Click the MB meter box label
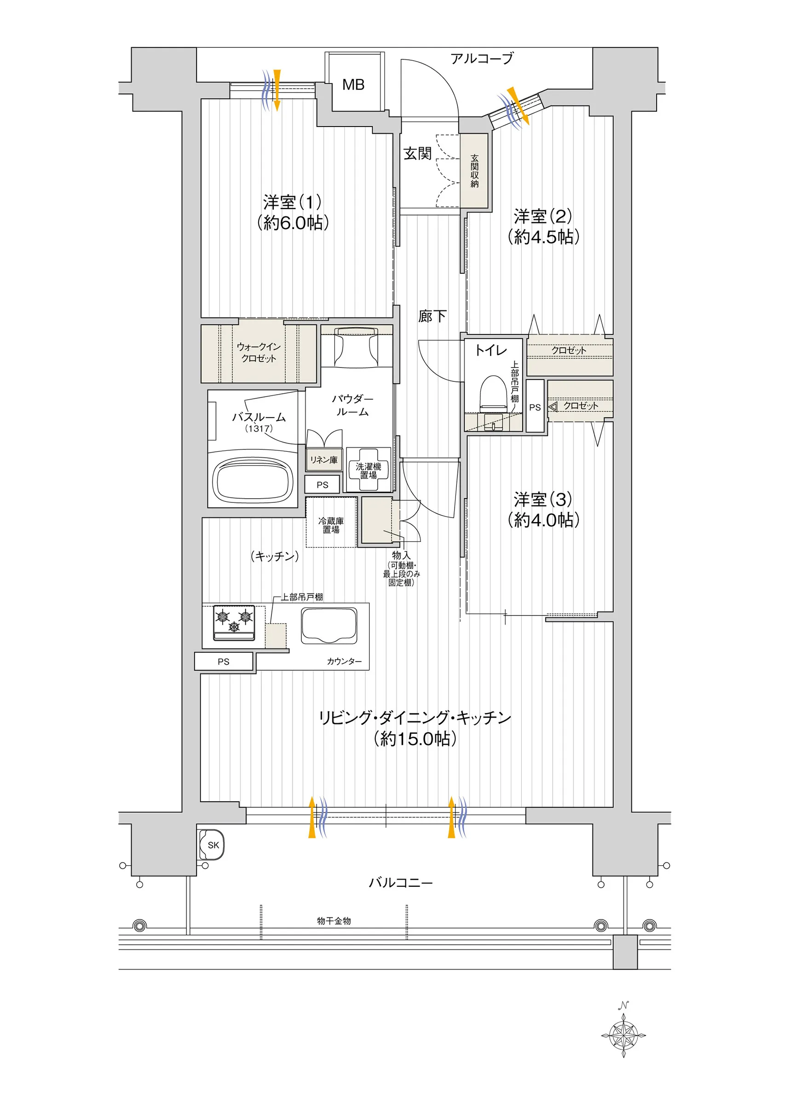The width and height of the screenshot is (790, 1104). pos(353,85)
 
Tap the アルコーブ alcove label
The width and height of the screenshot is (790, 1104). pos(482,58)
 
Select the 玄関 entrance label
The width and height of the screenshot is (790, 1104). pos(417,154)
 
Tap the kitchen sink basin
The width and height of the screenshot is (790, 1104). pos(329,627)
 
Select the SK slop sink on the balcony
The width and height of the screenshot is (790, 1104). pos(212,845)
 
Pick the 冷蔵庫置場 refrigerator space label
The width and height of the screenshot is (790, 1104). pos(331,525)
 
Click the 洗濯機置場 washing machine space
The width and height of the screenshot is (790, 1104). pos(368,470)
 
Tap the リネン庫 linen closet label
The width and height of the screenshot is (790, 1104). pos(323,460)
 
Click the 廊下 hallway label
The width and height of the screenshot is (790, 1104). pos(432,316)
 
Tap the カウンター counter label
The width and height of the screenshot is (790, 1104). pos(345,661)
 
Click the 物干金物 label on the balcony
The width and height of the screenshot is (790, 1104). pos(334,920)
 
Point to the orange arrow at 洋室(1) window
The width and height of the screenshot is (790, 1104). pos(277,91)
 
